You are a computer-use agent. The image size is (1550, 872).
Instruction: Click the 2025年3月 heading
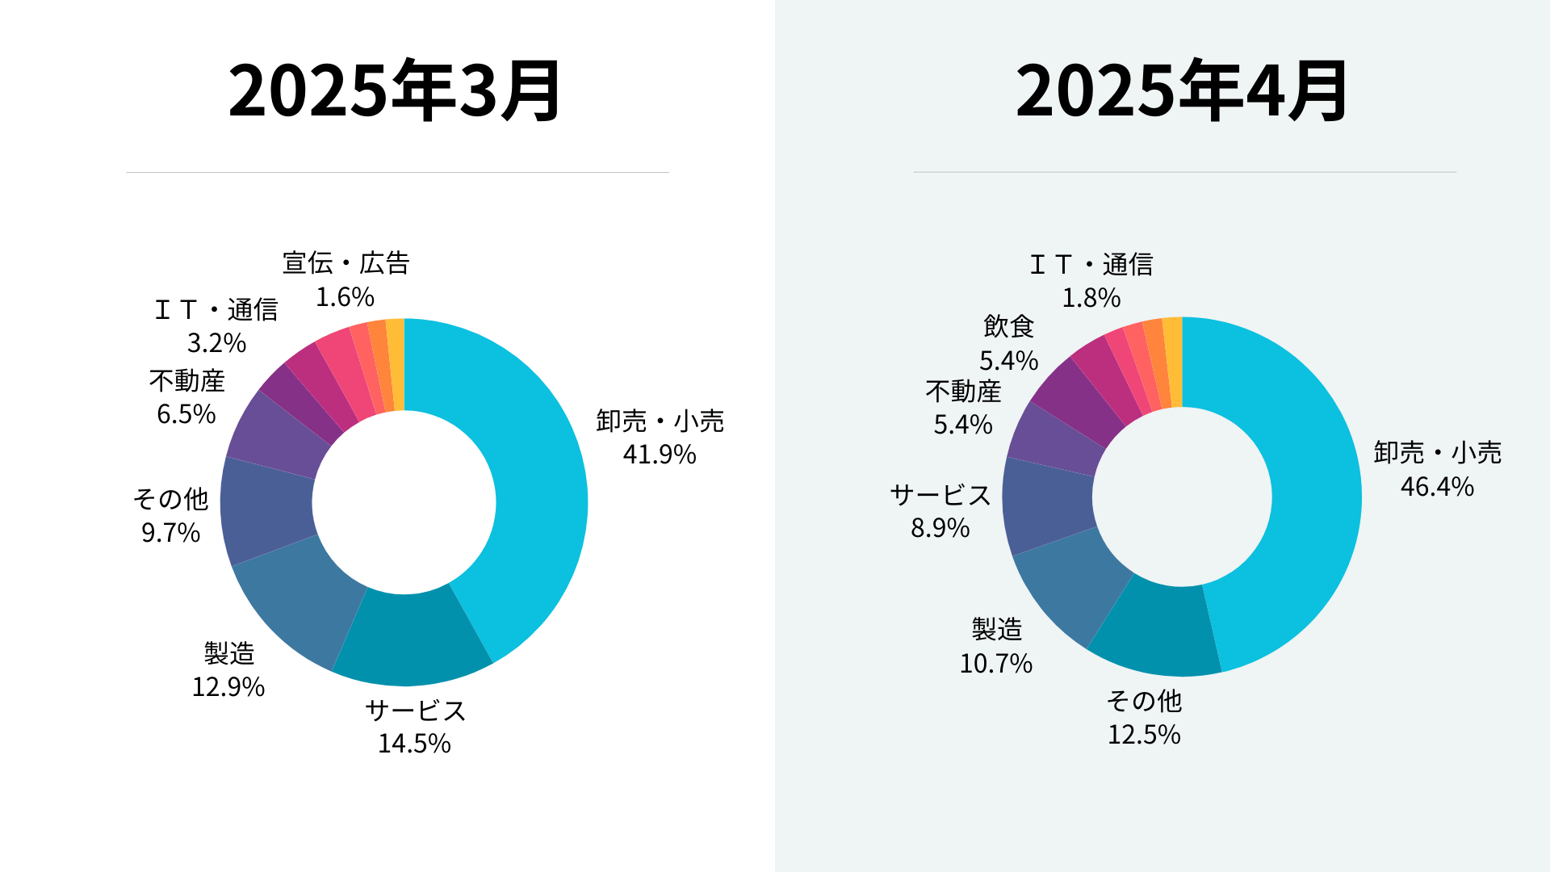coord(395,90)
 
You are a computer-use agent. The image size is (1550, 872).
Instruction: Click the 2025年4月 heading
coord(1182,90)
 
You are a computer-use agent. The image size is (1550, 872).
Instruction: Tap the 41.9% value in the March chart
coord(659,455)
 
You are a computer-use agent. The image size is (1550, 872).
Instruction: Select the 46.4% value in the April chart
coord(1437,487)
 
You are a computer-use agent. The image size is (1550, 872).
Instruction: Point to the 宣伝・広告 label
coord(346,263)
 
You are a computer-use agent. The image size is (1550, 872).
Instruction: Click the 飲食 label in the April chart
coord(1008,327)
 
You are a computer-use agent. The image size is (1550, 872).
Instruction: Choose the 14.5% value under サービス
coord(414,744)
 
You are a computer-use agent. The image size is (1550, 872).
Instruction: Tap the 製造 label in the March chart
coord(229,653)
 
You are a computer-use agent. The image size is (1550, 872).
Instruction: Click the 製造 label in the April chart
coord(997,629)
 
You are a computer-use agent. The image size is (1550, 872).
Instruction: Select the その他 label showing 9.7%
coord(170,500)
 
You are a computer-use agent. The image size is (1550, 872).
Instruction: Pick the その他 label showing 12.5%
coord(1144,701)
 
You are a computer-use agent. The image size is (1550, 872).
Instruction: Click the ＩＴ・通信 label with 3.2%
coord(216,310)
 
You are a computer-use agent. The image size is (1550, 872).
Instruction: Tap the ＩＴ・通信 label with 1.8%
coord(1091,265)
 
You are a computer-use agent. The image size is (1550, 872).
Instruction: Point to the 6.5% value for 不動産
coord(186,414)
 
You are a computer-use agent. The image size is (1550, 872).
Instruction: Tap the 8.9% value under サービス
coord(940,528)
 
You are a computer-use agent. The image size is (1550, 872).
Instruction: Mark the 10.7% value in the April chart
coord(995,664)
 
